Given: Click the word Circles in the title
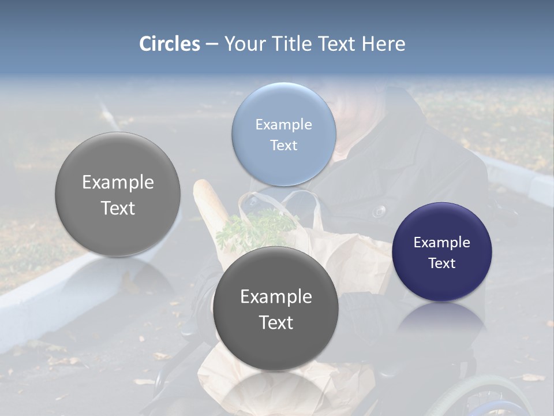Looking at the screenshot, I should coord(169,44).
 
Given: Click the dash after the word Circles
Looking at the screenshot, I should coord(212,44).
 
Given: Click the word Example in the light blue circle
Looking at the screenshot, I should coord(283,124).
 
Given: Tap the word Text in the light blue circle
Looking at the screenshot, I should coord(283,145).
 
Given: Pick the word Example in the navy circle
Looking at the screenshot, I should coord(441,242).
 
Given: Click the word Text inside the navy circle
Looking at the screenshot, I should coord(441,263).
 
